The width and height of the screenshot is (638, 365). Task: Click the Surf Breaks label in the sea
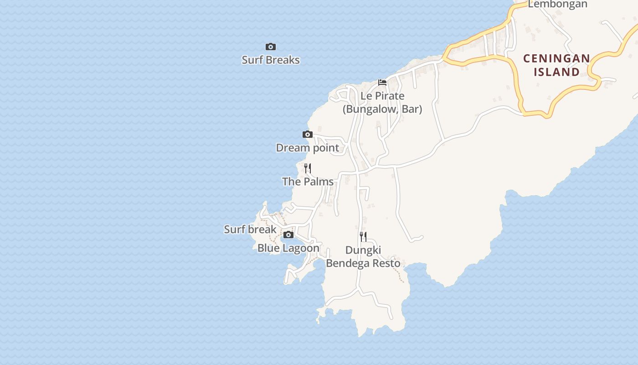(271, 60)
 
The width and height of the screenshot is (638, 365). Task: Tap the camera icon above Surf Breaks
(271, 47)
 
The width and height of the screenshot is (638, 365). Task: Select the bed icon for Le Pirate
(382, 83)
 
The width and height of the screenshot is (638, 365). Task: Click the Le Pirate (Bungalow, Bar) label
(382, 103)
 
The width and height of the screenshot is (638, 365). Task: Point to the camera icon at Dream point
(308, 134)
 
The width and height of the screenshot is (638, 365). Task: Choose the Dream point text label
(308, 148)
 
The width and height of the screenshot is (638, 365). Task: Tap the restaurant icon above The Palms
(308, 168)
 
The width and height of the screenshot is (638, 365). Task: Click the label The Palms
(308, 182)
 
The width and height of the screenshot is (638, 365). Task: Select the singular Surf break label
(250, 229)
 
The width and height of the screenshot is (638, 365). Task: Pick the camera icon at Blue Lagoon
(288, 235)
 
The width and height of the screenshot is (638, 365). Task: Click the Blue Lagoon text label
(288, 248)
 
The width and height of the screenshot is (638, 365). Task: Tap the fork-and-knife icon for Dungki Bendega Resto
(363, 236)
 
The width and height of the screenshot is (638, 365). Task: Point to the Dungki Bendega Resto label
(363, 257)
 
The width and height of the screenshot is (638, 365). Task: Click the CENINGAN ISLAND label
(556, 65)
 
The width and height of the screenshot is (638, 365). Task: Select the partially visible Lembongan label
(558, 5)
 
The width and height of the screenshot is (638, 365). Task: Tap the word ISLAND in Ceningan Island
(556, 72)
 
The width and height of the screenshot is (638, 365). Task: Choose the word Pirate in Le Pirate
(389, 96)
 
